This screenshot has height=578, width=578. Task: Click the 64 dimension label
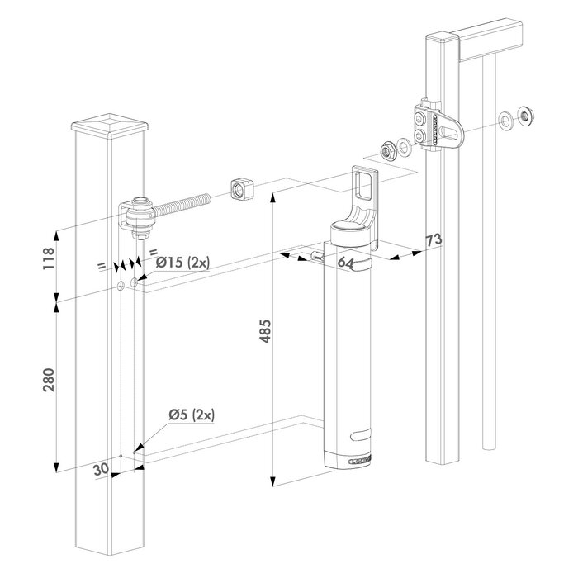pyautogui.click(x=346, y=263)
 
